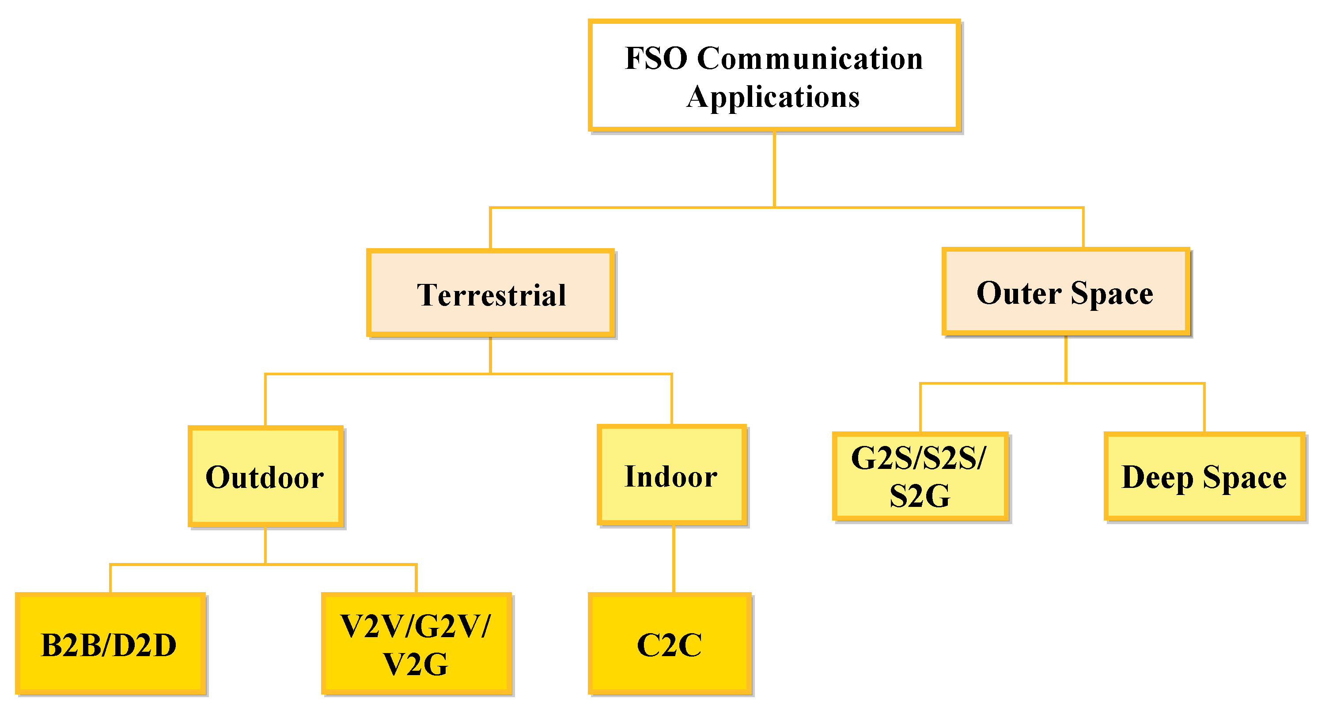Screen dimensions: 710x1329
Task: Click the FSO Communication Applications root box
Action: (x=774, y=75)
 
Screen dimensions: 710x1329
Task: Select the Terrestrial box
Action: (x=490, y=293)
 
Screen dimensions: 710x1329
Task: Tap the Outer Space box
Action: (x=1066, y=292)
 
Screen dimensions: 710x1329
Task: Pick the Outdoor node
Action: (x=265, y=476)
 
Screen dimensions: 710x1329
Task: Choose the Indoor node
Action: (x=672, y=476)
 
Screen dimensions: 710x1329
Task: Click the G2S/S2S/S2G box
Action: (x=920, y=476)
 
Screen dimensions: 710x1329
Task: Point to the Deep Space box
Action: (x=1204, y=476)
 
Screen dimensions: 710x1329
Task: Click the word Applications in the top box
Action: (x=773, y=97)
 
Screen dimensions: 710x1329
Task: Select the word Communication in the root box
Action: (x=810, y=58)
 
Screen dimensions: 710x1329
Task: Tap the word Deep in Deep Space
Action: (x=1157, y=477)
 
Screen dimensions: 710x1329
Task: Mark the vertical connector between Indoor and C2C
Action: (x=673, y=559)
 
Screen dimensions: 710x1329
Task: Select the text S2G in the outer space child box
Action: (x=920, y=496)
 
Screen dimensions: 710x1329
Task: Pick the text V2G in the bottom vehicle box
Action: (x=416, y=664)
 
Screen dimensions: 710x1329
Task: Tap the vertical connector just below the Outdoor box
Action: (x=265, y=545)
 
